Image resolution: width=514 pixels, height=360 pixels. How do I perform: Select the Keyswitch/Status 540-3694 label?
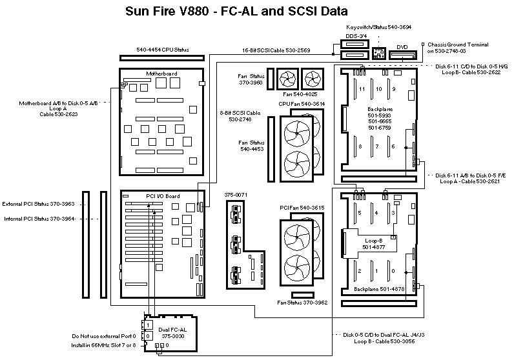[x=378, y=27]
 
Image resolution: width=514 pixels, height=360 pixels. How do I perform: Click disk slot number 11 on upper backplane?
[x=362, y=88]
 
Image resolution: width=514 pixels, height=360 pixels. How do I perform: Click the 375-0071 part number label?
[x=236, y=194]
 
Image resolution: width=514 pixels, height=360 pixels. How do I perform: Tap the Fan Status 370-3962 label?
[x=302, y=302]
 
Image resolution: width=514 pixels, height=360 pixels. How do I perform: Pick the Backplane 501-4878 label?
[x=380, y=289]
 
